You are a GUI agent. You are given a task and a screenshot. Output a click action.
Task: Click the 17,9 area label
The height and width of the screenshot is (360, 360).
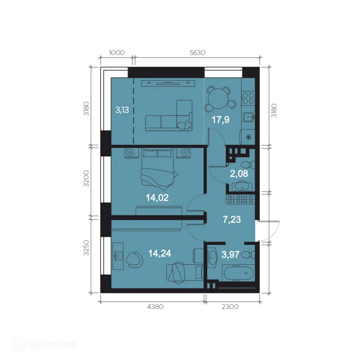tap(221, 120)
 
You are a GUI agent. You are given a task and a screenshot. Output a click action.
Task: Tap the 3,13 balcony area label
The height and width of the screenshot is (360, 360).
tap(122, 110)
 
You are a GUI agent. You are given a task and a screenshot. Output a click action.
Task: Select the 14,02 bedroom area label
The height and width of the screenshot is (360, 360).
tap(157, 197)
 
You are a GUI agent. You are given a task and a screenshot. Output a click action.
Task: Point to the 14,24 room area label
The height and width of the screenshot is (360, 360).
tap(159, 254)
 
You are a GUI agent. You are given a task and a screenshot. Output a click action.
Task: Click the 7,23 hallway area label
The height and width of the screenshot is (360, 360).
tap(232, 220)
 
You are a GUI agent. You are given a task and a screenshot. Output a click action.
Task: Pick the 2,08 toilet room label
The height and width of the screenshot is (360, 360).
tap(239, 174)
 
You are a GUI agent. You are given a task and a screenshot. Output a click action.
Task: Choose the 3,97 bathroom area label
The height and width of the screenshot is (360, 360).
tap(230, 255)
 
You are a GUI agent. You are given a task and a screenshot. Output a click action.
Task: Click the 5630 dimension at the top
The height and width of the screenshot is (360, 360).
tap(197, 52)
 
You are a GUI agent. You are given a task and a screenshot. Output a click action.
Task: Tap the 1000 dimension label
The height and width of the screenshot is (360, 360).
tap(117, 52)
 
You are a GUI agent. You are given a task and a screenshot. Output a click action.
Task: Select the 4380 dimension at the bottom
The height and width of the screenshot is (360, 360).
tap(155, 307)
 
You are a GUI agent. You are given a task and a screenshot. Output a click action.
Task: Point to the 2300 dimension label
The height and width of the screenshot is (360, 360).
tap(230, 307)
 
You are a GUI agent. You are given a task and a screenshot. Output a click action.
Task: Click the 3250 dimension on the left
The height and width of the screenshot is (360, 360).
tap(86, 248)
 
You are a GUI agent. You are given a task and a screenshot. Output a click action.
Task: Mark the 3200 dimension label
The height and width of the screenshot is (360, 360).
tap(86, 178)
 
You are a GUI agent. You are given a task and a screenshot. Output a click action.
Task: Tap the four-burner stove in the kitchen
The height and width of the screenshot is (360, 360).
tap(248, 98)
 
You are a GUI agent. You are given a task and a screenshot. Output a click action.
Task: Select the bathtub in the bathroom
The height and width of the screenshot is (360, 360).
tap(238, 273)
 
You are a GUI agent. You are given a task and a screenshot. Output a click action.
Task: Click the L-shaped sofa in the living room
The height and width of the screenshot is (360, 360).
tap(169, 116)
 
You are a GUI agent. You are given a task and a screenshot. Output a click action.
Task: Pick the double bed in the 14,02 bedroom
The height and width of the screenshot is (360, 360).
tap(157, 169)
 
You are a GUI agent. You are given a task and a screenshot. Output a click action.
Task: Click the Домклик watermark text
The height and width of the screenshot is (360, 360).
tap(53, 344)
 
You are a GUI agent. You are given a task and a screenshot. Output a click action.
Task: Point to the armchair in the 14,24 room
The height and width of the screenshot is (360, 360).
tap(135, 259)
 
